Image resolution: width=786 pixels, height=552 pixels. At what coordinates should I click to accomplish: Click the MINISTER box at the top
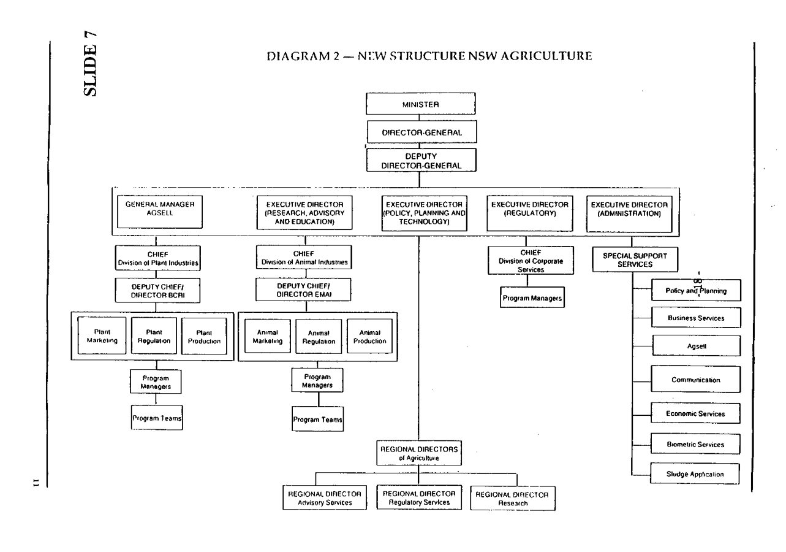click(421, 104)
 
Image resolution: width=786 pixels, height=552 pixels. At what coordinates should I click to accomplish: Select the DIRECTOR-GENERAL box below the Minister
click(421, 132)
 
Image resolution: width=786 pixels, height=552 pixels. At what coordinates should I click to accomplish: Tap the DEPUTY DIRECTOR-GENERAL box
click(421, 161)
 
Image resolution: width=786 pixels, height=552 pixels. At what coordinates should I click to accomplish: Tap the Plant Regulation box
click(153, 336)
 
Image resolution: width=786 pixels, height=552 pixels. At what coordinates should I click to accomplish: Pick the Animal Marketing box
click(267, 336)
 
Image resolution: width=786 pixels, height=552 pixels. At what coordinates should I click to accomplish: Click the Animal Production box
click(369, 336)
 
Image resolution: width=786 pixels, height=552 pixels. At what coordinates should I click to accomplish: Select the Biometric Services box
click(695, 444)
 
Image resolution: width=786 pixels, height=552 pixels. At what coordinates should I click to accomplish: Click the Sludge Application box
click(695, 473)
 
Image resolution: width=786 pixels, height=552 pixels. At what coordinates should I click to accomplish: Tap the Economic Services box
click(695, 414)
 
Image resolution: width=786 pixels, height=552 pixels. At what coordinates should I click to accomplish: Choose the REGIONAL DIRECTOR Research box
click(513, 498)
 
